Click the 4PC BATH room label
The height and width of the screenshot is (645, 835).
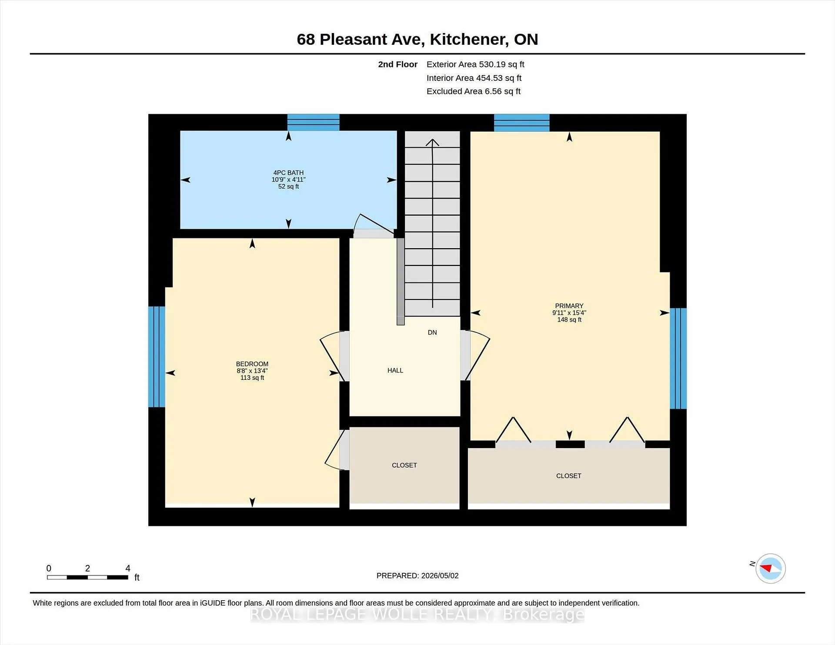click(288, 173)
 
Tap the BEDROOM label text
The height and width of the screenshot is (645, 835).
click(252, 364)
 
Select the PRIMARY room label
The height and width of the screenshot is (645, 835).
click(569, 306)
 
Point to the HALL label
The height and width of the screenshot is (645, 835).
click(395, 370)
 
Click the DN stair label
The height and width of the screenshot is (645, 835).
click(432, 332)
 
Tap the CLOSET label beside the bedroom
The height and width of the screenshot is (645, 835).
click(404, 465)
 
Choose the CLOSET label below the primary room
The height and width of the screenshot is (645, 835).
click(569, 476)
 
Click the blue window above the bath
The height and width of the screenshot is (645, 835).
click(313, 122)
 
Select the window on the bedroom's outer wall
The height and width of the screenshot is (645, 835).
click(157, 356)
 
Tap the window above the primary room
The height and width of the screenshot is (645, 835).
click(522, 123)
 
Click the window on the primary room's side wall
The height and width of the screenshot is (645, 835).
click(678, 359)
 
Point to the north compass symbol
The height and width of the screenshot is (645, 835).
click(771, 568)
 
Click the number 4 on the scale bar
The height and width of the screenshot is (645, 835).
click(128, 568)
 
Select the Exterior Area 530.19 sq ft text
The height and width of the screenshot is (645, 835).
click(475, 64)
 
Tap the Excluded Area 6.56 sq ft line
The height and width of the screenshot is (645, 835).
click(474, 91)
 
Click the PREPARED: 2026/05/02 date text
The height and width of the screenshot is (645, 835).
click(417, 575)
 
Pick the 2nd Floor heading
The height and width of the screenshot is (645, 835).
click(397, 64)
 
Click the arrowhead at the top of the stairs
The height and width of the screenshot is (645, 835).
click(432, 142)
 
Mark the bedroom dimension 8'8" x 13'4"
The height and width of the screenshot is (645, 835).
click(252, 371)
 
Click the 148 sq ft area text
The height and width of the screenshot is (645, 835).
click(569, 319)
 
